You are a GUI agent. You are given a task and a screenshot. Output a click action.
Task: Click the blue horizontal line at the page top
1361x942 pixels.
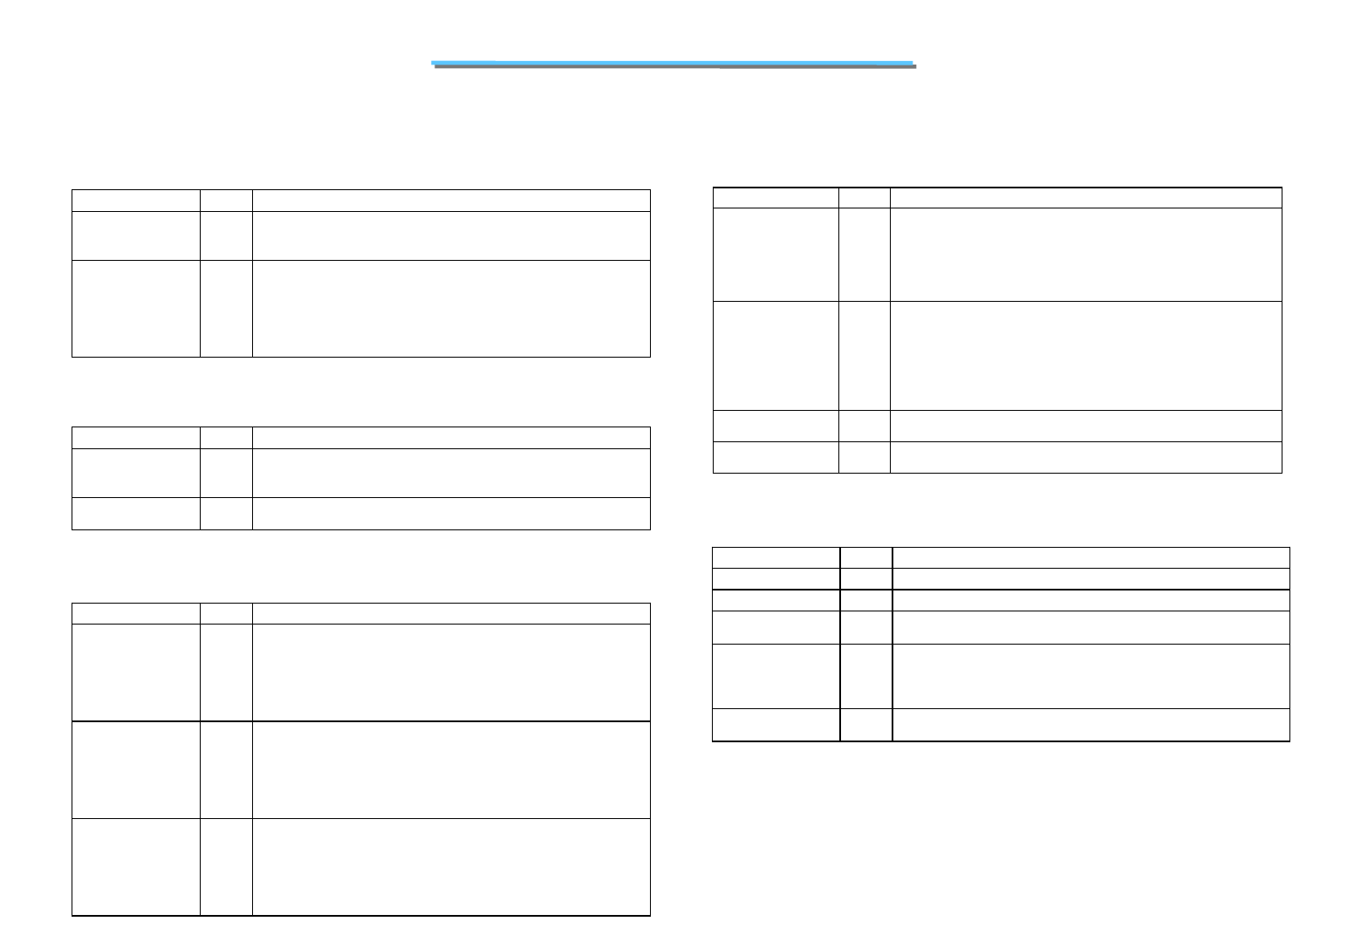point(672,63)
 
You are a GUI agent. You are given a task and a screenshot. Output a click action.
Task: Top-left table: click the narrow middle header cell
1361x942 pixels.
point(226,200)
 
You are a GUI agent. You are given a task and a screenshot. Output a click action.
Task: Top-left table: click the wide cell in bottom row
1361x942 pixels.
point(451,308)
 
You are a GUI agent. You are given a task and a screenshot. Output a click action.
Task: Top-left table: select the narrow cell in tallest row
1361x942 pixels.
point(226,308)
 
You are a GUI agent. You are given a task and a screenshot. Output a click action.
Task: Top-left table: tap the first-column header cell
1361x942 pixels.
point(135,200)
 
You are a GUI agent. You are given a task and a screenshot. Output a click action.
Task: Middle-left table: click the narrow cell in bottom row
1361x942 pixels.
point(226,513)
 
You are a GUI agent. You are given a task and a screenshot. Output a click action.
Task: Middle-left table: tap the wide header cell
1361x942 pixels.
point(451,437)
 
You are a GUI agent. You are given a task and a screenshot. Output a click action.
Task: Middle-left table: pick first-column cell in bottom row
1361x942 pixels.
point(135,513)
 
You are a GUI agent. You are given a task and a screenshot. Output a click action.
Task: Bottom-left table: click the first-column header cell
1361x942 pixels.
point(135,613)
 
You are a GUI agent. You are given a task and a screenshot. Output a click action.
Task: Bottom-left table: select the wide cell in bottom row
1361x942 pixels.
point(451,867)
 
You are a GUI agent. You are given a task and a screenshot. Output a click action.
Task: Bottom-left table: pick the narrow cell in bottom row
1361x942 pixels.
point(226,867)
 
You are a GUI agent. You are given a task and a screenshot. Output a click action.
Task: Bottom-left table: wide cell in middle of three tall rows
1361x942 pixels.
point(451,769)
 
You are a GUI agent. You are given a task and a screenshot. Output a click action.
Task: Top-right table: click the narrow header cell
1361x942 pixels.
point(864,197)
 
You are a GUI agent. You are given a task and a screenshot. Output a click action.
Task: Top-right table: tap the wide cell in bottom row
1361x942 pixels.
point(1085,457)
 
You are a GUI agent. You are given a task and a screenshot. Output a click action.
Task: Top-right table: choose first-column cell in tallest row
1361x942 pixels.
point(776,355)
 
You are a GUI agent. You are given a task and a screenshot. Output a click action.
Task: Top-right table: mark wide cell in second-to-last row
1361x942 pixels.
point(1085,426)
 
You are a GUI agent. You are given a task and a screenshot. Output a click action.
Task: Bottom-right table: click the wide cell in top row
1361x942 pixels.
point(1091,557)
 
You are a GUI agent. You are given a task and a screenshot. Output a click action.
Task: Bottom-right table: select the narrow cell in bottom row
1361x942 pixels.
point(865,725)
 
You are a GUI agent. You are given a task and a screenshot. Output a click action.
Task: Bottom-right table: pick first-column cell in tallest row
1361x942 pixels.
point(776,676)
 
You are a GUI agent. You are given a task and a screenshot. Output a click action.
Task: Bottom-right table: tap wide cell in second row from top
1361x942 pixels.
point(1091,578)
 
